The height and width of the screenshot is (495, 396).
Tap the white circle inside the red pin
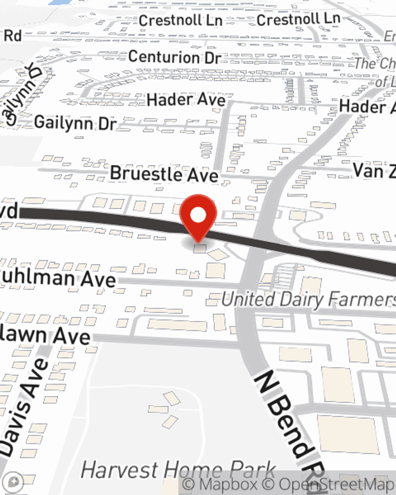(x=198, y=216)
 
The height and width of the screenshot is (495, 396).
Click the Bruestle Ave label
(x=164, y=174)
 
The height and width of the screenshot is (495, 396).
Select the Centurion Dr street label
(x=174, y=57)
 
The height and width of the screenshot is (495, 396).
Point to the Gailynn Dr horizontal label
(x=75, y=123)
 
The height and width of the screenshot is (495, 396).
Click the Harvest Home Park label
(x=178, y=470)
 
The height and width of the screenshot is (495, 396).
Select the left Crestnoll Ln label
(x=180, y=21)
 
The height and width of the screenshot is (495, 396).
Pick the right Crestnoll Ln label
(x=298, y=19)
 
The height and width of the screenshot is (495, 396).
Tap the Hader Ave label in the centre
(x=186, y=99)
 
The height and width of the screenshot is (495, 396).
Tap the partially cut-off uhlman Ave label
(x=57, y=278)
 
